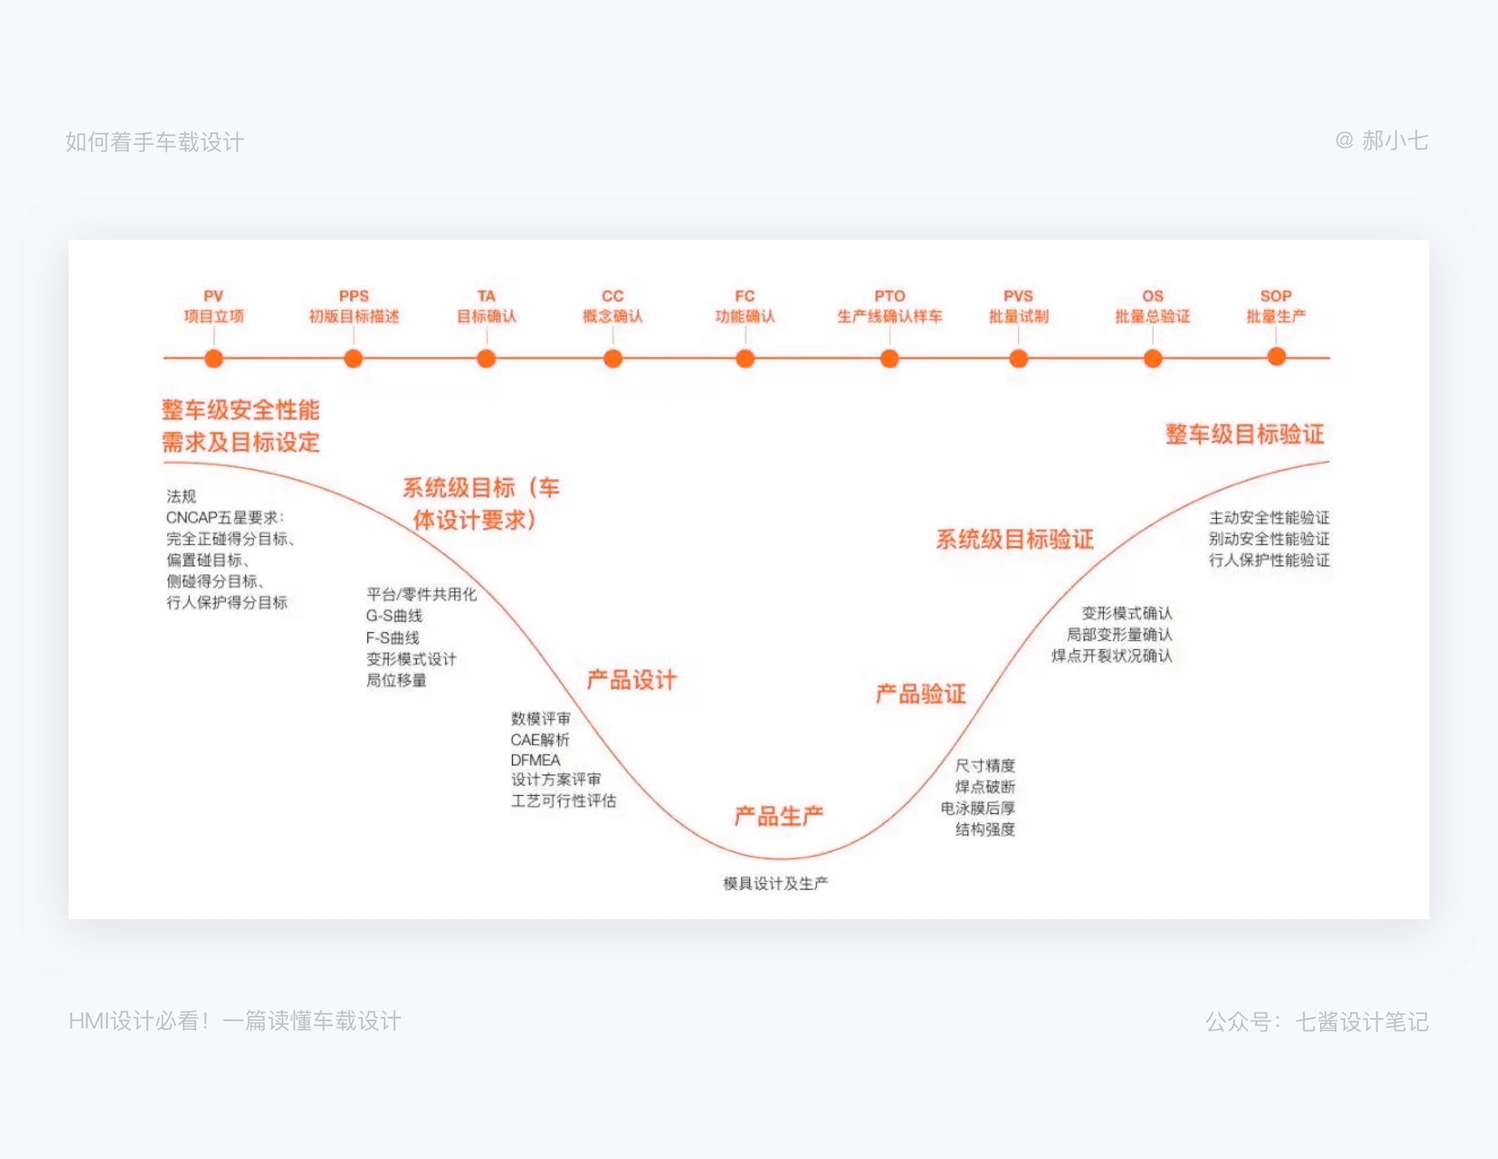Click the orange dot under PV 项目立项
(x=213, y=358)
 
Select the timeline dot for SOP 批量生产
(x=1276, y=357)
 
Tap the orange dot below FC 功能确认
(x=745, y=358)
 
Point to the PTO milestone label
(x=889, y=296)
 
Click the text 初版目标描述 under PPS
(x=354, y=317)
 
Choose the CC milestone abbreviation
(x=612, y=296)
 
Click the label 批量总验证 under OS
(x=1152, y=317)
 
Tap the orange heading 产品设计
(x=632, y=680)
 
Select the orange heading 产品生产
(x=779, y=816)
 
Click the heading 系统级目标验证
(x=1014, y=540)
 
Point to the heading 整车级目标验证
(x=1244, y=433)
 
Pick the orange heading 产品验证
(x=921, y=694)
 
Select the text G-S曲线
(x=394, y=616)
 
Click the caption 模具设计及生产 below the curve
(x=776, y=883)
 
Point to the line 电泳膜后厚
(x=977, y=808)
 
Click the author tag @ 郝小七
(x=1381, y=141)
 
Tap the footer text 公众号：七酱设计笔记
(x=1317, y=1022)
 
